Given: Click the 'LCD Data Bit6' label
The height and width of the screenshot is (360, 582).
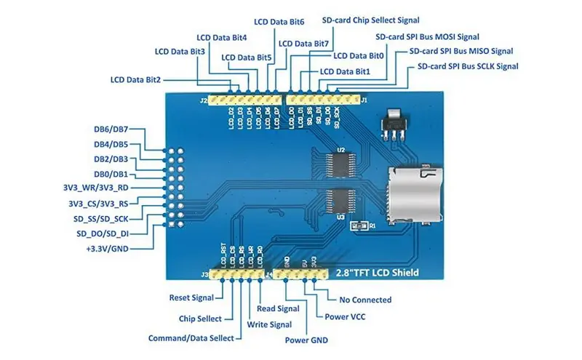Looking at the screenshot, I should (x=279, y=22).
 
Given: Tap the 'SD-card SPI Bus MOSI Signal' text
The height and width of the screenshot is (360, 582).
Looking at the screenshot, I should (x=427, y=36).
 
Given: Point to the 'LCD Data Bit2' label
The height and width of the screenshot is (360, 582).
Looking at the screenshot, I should (x=135, y=79).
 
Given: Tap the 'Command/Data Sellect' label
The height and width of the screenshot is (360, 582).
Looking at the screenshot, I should (x=191, y=338).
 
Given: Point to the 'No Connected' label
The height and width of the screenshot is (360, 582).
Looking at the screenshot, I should (x=365, y=300).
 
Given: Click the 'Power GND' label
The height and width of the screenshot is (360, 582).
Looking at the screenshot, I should (x=306, y=340).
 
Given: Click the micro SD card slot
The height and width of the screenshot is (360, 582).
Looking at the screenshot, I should (x=414, y=192).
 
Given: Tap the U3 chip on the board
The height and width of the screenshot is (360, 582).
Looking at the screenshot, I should (x=340, y=200).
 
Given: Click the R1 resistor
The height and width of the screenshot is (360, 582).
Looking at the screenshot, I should (x=356, y=227).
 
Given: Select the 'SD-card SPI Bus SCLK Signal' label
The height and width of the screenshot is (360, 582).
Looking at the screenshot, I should (x=468, y=66).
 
